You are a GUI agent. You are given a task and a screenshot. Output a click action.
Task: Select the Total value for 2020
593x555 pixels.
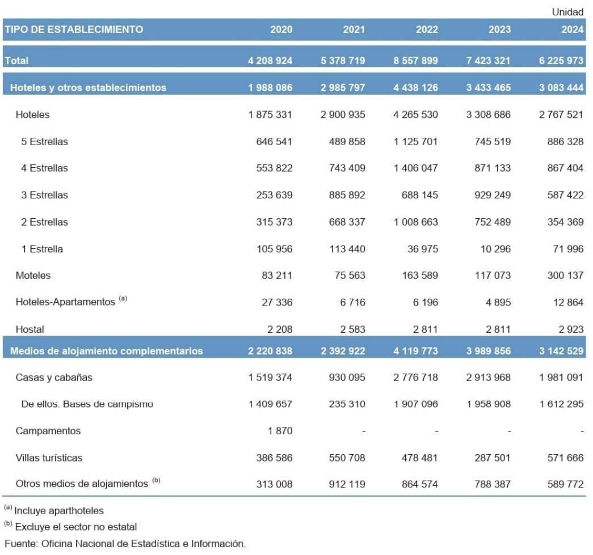270,61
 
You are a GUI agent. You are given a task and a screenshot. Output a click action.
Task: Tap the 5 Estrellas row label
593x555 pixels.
44,142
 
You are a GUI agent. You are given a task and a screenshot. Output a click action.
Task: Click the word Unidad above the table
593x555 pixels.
567,12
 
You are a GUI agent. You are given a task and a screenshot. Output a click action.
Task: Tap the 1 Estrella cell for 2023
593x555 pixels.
495,249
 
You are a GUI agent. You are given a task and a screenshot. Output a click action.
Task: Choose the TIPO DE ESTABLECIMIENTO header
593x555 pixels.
74,29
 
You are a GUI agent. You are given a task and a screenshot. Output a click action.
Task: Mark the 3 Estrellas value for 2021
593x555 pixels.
343,195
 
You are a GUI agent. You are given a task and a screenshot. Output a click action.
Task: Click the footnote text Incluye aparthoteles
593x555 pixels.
58,511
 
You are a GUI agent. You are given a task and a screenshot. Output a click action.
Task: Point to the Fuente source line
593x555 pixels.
125,544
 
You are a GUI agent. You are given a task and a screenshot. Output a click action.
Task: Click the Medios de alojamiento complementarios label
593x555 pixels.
107,351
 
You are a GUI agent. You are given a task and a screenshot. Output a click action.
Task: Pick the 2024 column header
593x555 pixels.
572,29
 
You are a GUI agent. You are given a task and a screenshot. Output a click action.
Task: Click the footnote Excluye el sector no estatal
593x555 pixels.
75,527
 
